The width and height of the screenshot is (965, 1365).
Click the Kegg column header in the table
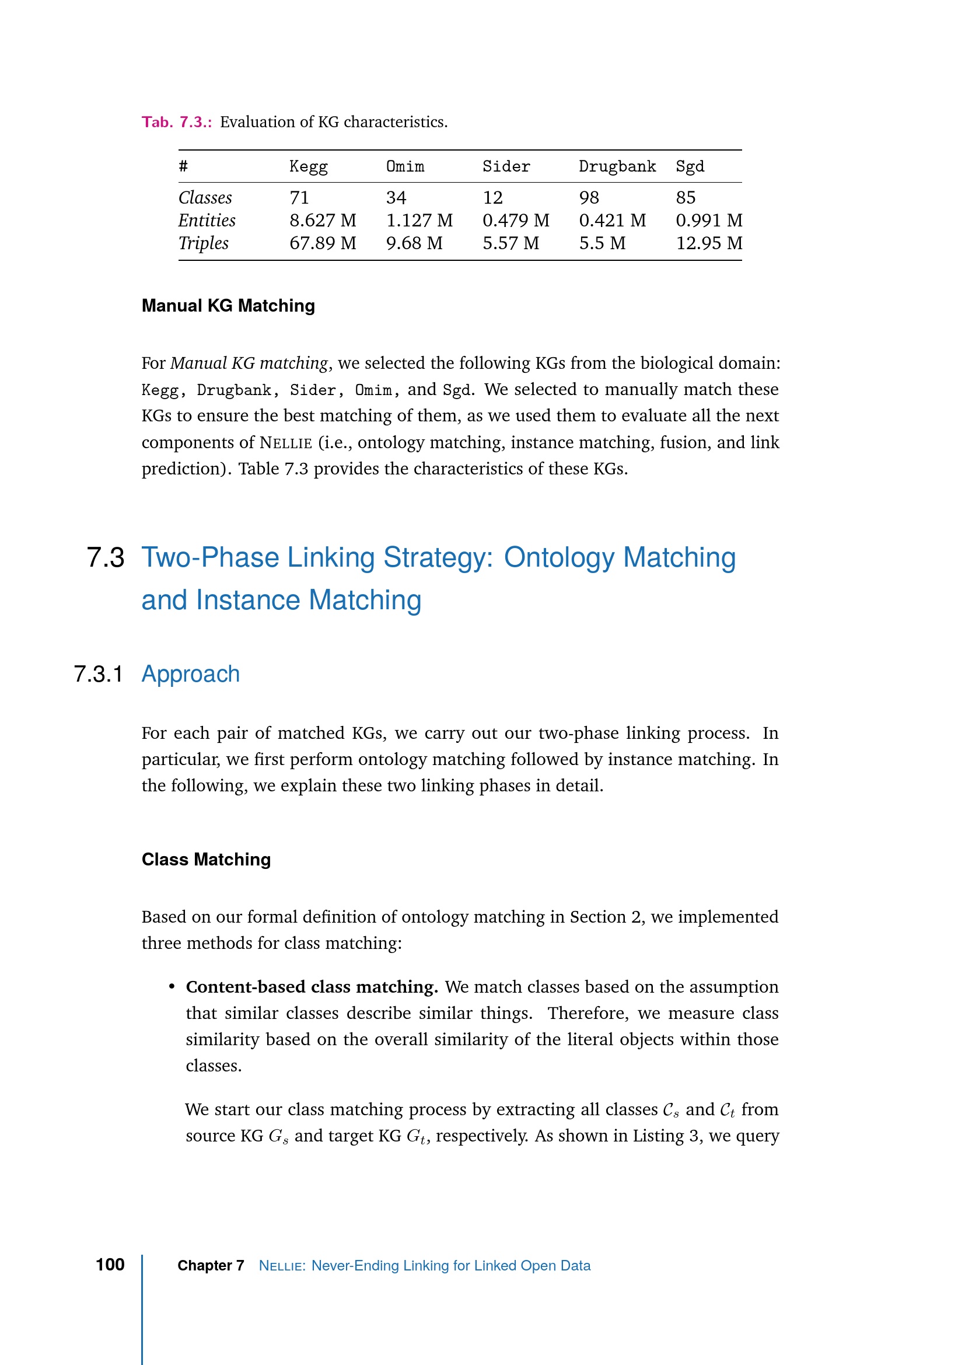(309, 166)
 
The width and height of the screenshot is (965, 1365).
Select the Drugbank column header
(617, 166)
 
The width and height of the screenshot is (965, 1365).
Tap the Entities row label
(207, 221)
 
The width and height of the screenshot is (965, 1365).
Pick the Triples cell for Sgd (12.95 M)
(709, 243)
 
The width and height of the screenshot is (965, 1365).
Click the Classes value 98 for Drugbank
(589, 197)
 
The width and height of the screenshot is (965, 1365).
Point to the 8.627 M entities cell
(323, 221)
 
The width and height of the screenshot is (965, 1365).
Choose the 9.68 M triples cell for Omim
(414, 243)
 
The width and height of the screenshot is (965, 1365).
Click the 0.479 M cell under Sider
(516, 221)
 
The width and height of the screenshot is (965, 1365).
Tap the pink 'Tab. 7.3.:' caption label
(176, 122)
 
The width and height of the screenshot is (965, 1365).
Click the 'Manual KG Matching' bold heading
(228, 306)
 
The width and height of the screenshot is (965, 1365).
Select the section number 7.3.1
(98, 674)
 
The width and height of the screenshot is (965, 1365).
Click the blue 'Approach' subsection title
(191, 674)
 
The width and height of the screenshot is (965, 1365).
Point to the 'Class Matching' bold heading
(206, 860)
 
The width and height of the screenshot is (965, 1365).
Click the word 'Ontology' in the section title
(559, 558)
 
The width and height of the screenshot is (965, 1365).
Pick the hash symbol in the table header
(184, 166)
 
